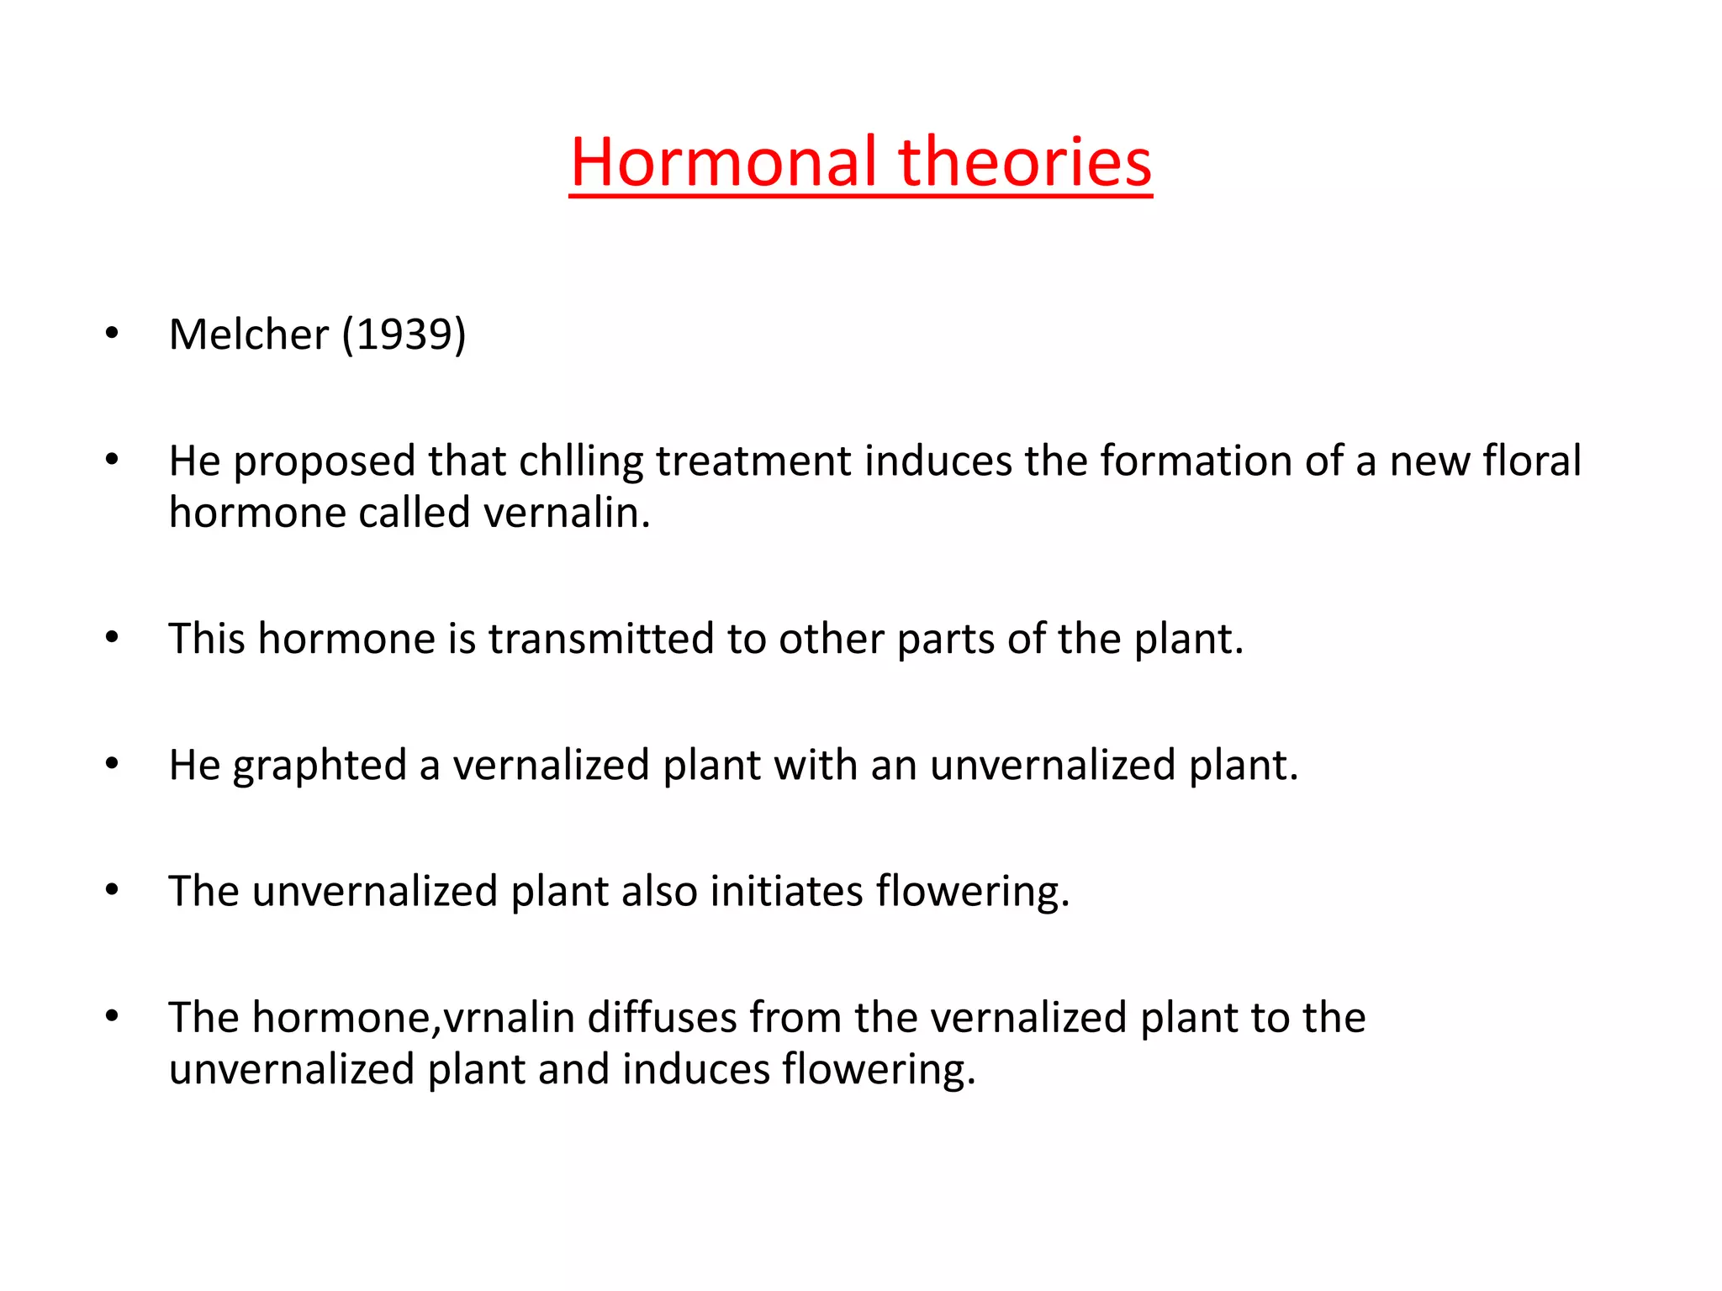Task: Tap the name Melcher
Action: [249, 335]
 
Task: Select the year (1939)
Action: [404, 335]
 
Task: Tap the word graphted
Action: [320, 766]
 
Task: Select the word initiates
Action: [786, 891]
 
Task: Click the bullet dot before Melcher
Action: [112, 335]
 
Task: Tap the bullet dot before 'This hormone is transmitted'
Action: [112, 638]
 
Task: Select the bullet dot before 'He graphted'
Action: [112, 764]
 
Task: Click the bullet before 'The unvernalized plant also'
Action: [112, 890]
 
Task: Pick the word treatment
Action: [753, 461]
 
